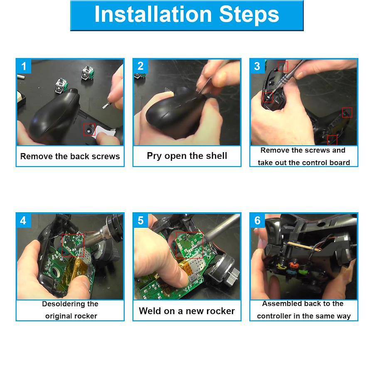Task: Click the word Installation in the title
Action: pyautogui.click(x=153, y=14)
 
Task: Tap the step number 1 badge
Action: pyautogui.click(x=24, y=66)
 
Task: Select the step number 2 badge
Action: pyautogui.click(x=140, y=66)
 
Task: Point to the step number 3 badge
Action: pyautogui.click(x=257, y=66)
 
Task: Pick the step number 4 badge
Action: pyautogui.click(x=23, y=220)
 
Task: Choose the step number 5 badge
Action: pyautogui.click(x=140, y=220)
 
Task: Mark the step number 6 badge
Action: pyautogui.click(x=257, y=220)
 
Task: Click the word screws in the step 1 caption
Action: pyautogui.click(x=106, y=156)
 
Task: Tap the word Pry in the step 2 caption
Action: pyautogui.click(x=154, y=156)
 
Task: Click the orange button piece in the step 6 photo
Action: pyautogui.click(x=294, y=265)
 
